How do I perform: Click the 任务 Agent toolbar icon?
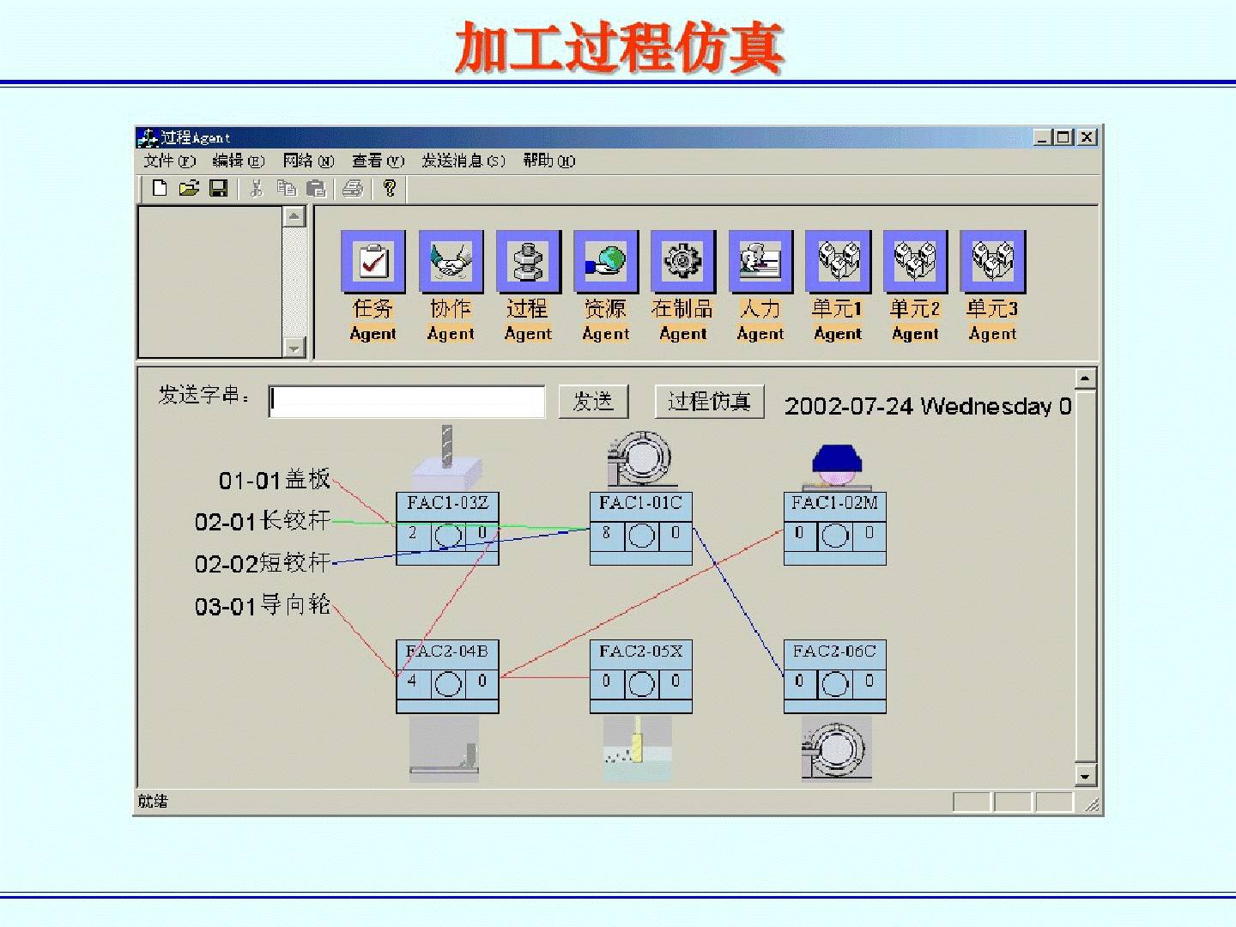point(373,261)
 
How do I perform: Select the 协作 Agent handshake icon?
point(451,261)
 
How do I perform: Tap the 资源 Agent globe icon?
point(606,261)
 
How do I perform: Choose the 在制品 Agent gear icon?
point(683,261)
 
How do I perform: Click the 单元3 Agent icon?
point(993,261)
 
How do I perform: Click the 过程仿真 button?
point(709,401)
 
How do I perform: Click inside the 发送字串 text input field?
point(407,401)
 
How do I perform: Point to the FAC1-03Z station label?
point(447,503)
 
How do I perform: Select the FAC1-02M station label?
point(834,503)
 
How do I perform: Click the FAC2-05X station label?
point(641,651)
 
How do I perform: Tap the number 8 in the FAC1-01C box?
point(606,533)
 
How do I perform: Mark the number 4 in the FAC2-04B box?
point(412,682)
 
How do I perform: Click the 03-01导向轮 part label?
point(263,606)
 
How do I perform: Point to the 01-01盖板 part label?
point(275,480)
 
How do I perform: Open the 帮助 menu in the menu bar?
point(548,161)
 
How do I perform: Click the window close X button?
point(1087,137)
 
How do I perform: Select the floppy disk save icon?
point(219,188)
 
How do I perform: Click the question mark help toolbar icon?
point(390,188)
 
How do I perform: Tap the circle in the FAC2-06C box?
point(834,683)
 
